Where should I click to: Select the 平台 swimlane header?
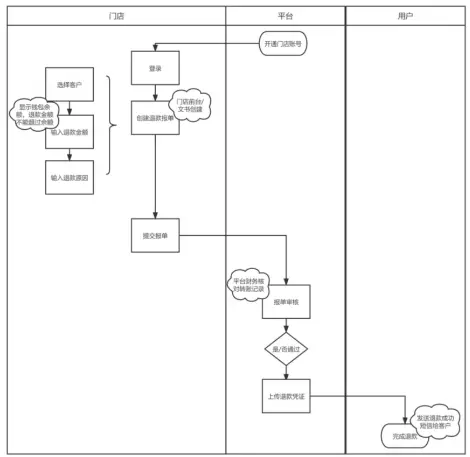285,16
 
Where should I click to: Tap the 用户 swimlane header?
405,16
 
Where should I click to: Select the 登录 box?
155,68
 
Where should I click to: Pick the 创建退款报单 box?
155,117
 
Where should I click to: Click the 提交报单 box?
155,236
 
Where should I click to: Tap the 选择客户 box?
69,84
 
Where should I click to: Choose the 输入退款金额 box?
69,131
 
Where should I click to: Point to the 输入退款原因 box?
69,177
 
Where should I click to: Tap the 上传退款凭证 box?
286,395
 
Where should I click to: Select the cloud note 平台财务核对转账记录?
248,284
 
